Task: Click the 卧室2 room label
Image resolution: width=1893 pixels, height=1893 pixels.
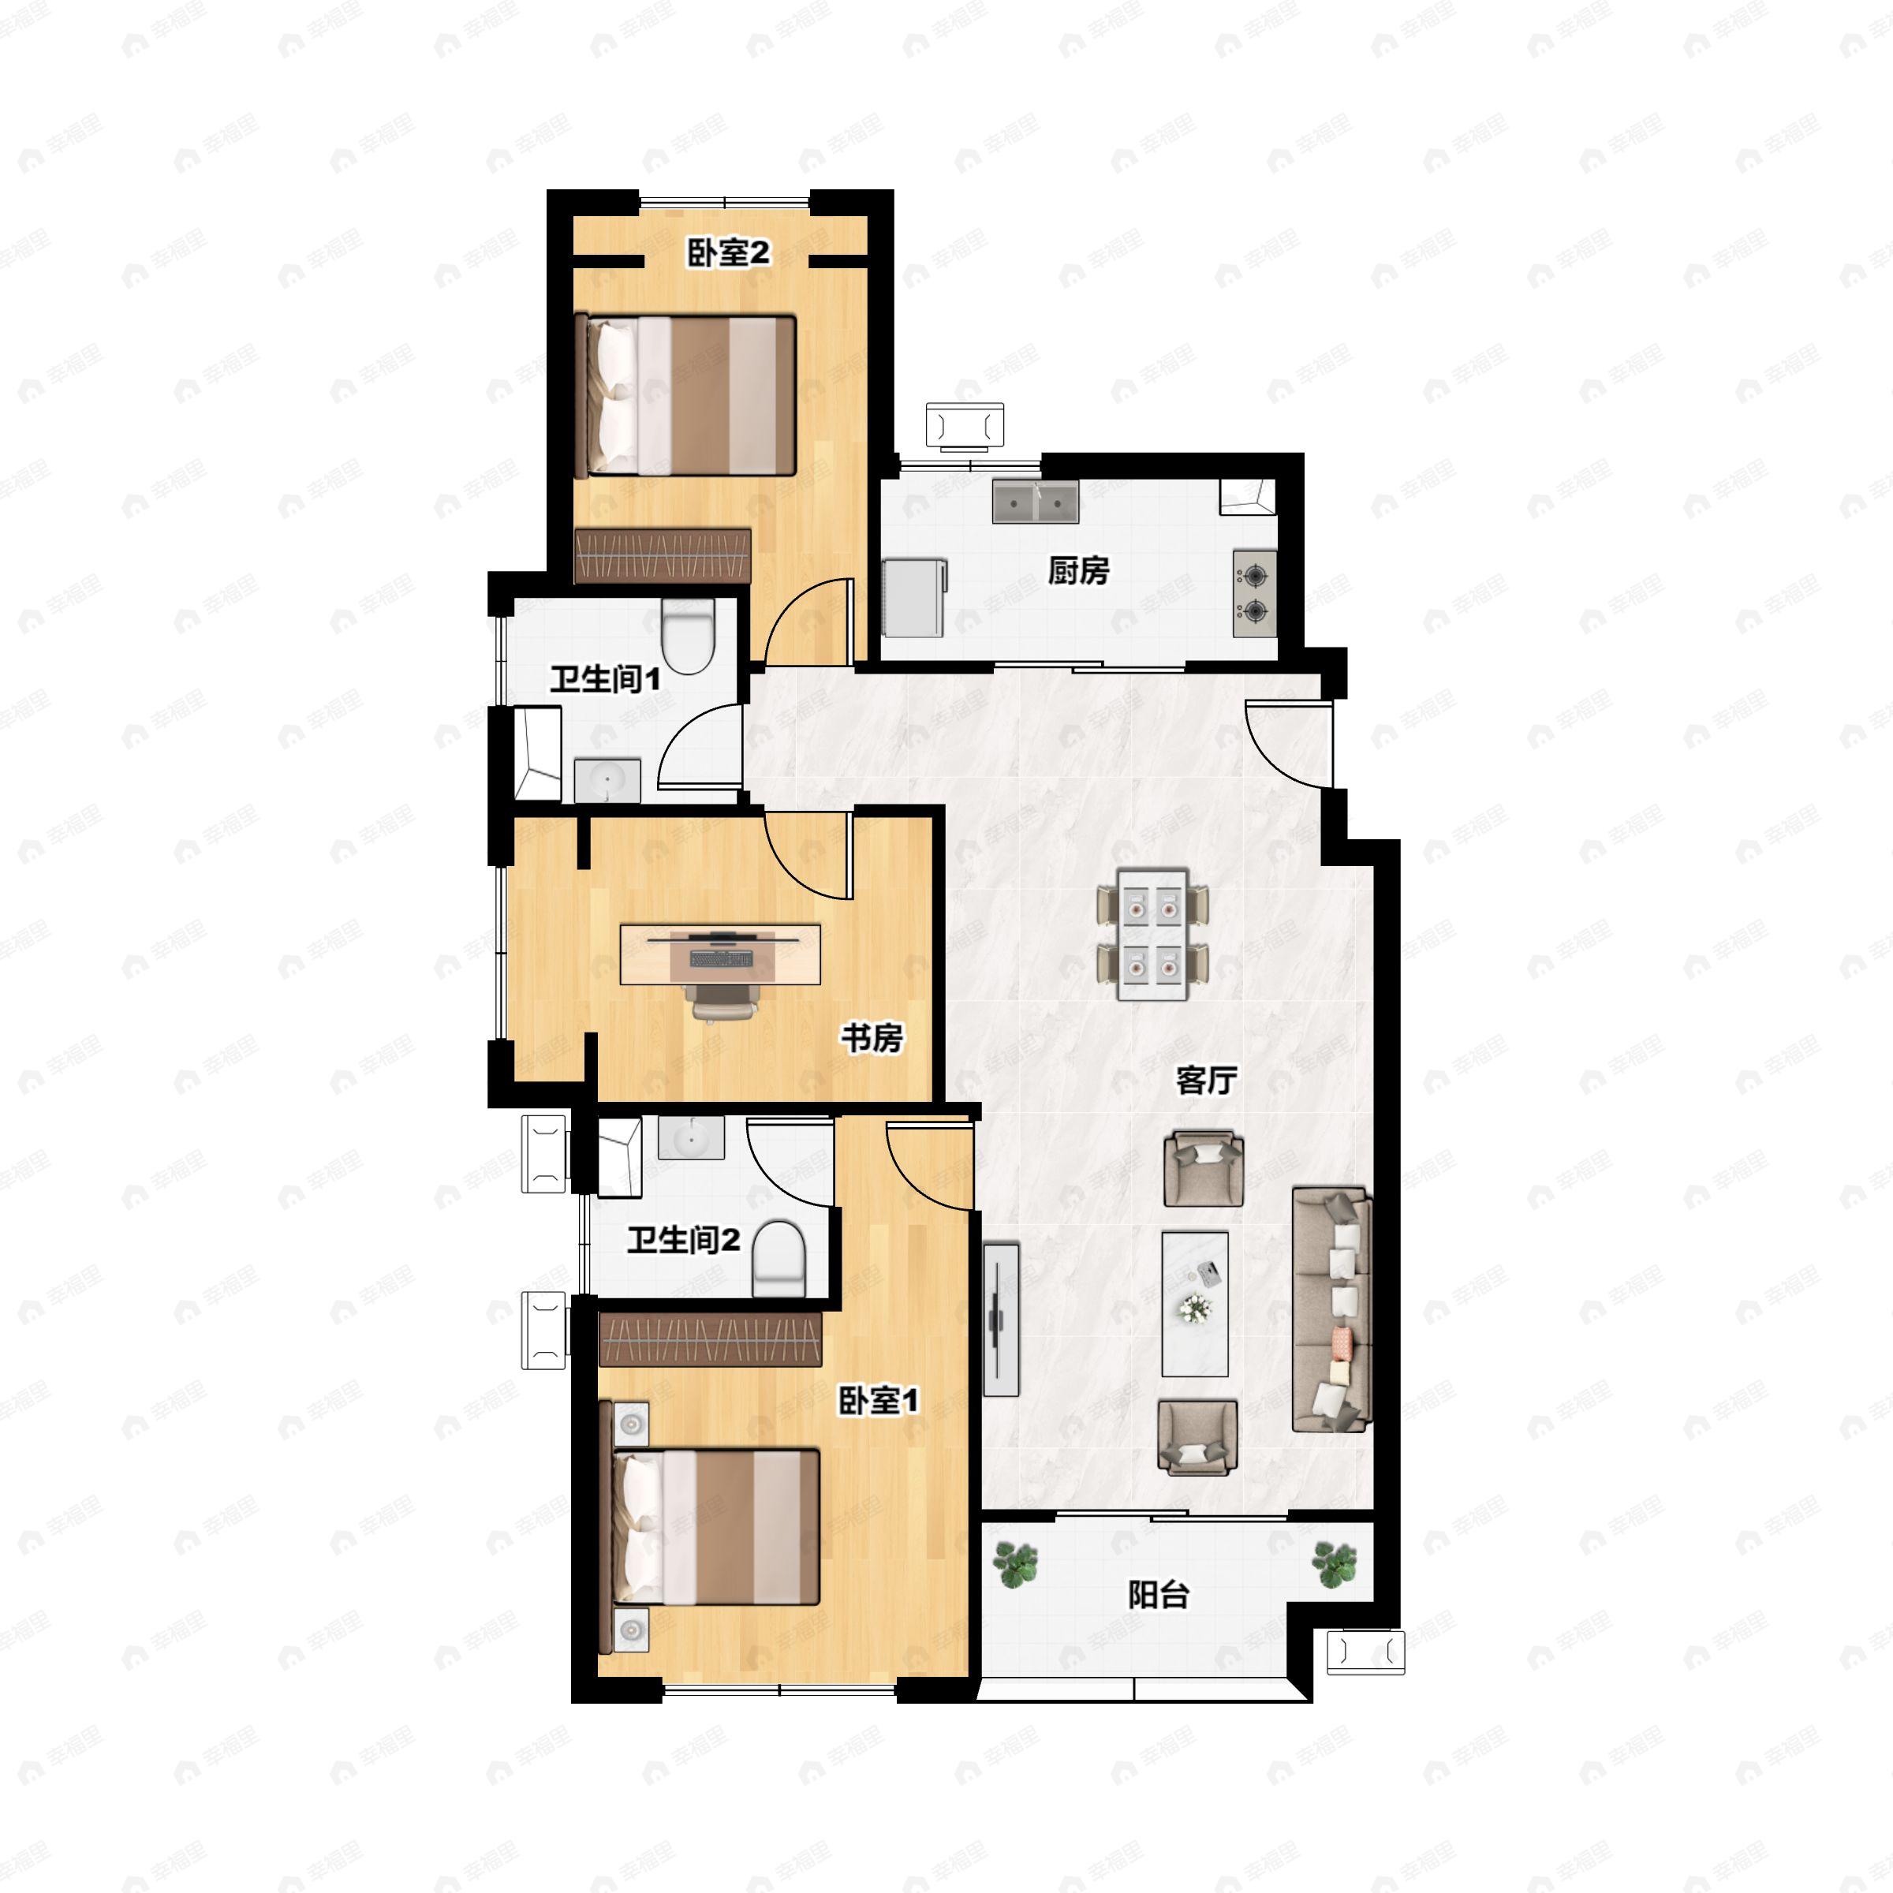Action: pyautogui.click(x=729, y=254)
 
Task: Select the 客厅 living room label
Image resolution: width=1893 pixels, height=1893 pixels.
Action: pyautogui.click(x=1206, y=1080)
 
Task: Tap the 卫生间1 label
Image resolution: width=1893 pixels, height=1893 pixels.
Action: pyautogui.click(x=604, y=678)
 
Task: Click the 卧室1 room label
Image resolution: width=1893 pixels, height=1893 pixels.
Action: pyautogui.click(x=878, y=1400)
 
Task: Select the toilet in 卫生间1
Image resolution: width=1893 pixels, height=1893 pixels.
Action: pyautogui.click(x=687, y=636)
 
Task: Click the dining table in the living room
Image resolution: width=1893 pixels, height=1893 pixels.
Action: pyautogui.click(x=1152, y=934)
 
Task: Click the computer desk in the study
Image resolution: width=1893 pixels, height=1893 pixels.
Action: pyautogui.click(x=720, y=954)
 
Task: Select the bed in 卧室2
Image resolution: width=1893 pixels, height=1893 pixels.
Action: pyautogui.click(x=685, y=395)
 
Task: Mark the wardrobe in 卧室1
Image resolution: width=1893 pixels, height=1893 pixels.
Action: pyautogui.click(x=711, y=1339)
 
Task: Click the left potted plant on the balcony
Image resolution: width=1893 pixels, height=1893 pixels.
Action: pyautogui.click(x=1015, y=1565)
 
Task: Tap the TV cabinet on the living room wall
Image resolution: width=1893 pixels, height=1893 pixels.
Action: pyautogui.click(x=1000, y=1319)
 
